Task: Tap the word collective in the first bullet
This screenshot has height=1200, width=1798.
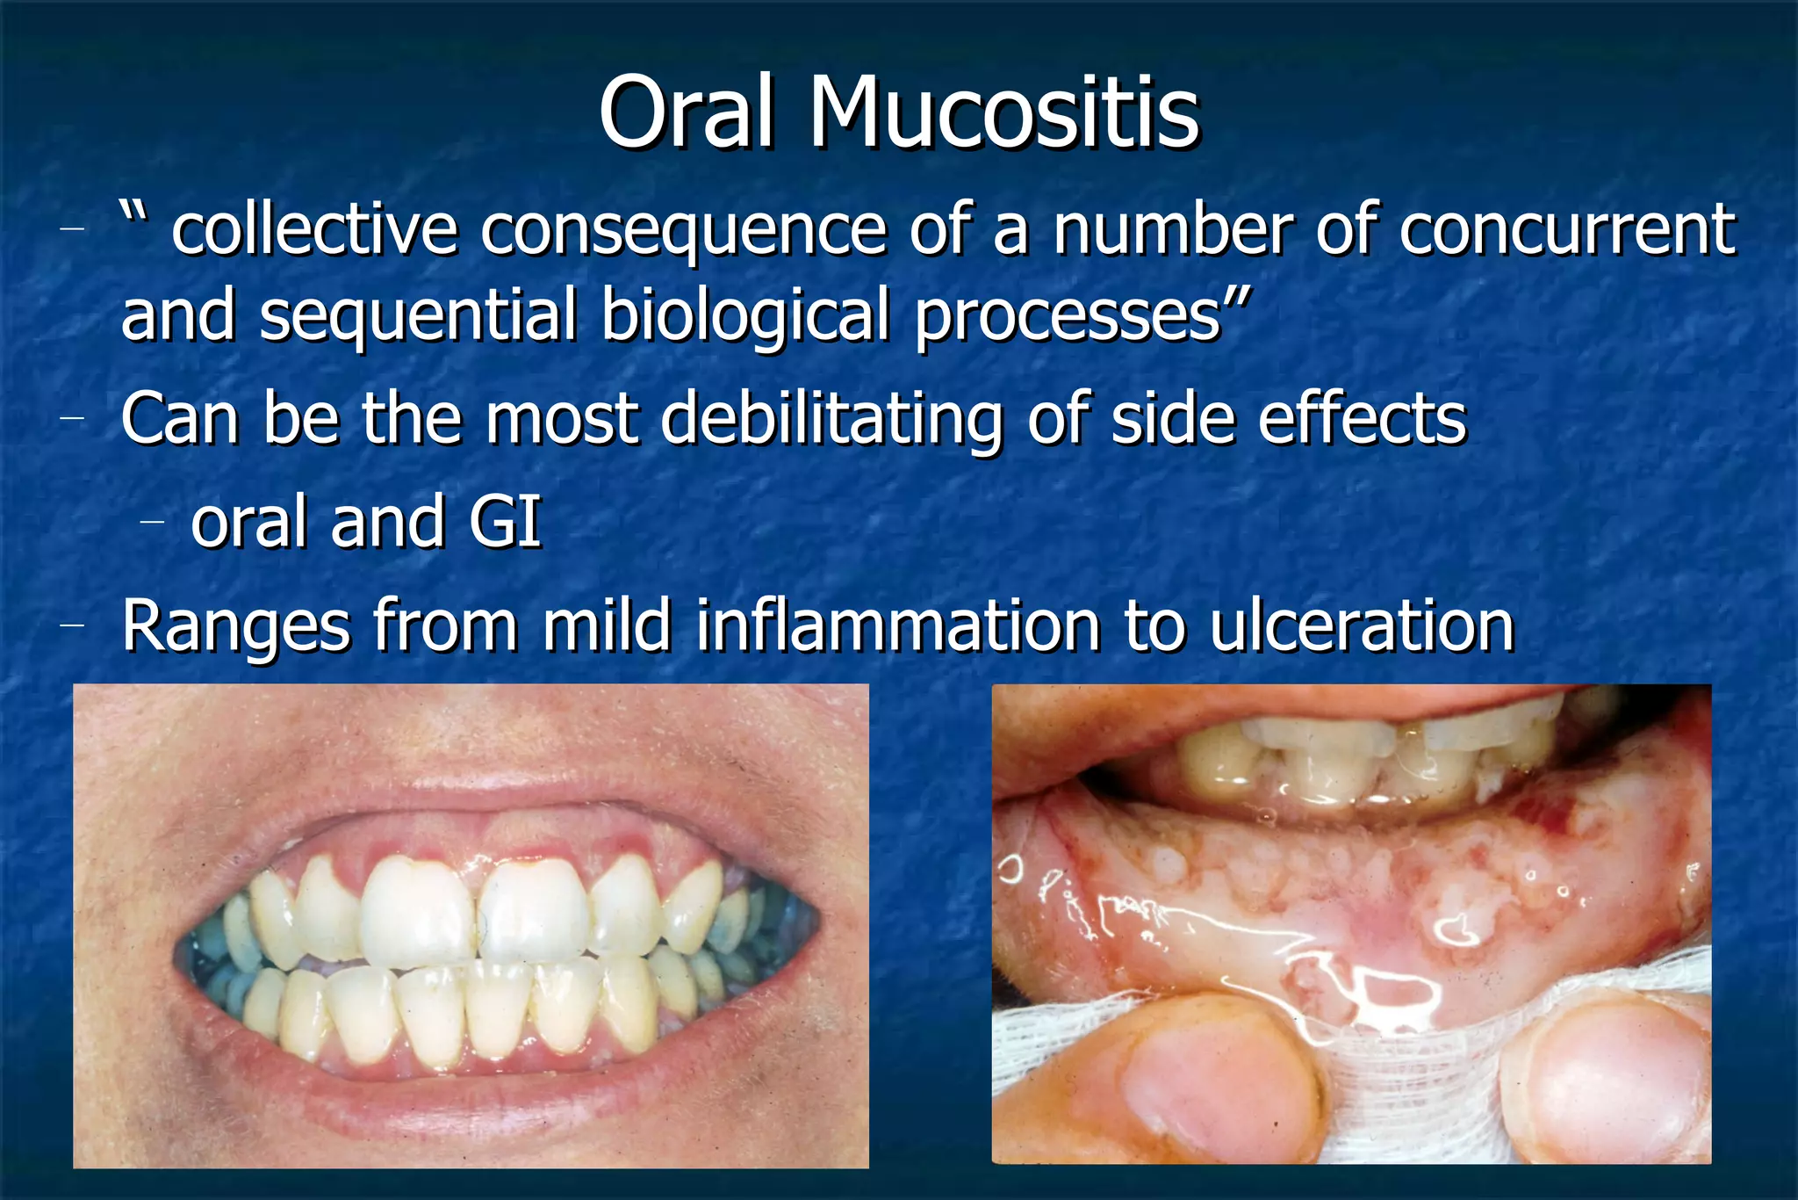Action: (314, 230)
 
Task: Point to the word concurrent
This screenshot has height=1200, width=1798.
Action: (1567, 230)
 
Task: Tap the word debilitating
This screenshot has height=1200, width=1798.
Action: (831, 420)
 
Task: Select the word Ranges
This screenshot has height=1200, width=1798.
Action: (235, 627)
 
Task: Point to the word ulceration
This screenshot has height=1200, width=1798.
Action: (1362, 625)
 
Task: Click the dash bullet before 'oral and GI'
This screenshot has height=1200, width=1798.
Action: (153, 522)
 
